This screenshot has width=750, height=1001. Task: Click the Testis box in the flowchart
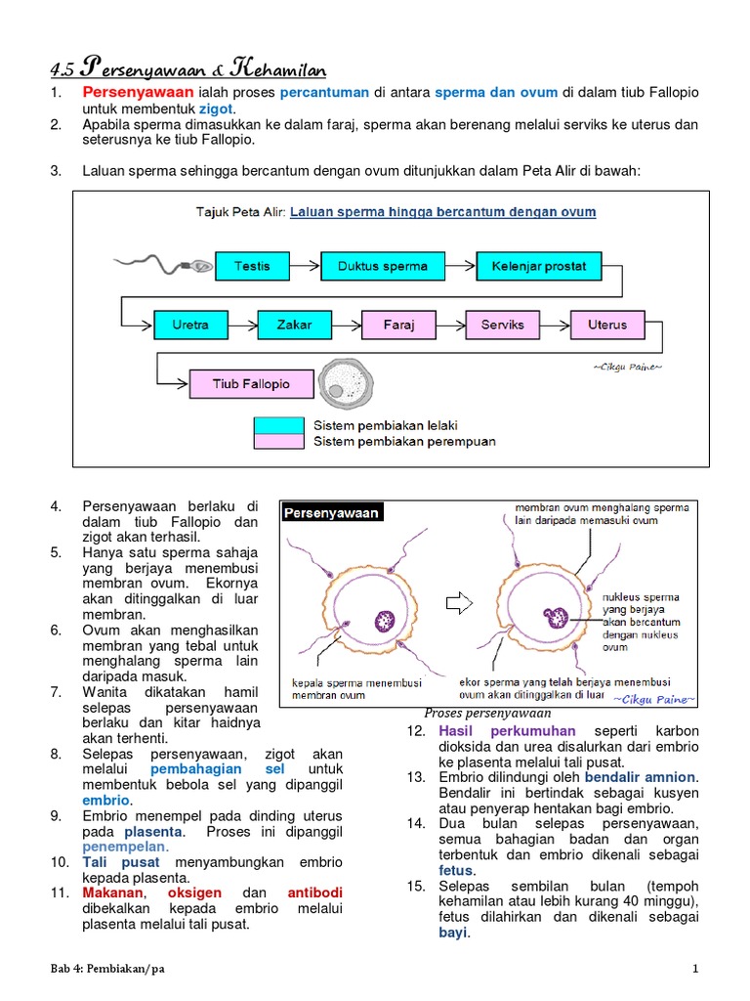click(252, 266)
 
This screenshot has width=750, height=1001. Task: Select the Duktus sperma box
click(383, 266)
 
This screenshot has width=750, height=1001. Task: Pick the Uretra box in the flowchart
click(190, 325)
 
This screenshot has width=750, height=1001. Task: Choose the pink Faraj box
click(398, 325)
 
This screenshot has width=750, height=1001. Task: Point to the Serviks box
click(502, 325)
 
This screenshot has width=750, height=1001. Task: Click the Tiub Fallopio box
click(251, 384)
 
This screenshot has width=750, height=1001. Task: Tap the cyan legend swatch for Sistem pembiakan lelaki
click(279, 425)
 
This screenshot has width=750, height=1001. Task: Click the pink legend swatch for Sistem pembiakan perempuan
click(279, 441)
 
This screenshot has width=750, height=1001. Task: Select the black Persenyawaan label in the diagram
click(331, 513)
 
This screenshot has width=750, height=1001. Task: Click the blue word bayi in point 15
click(453, 933)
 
